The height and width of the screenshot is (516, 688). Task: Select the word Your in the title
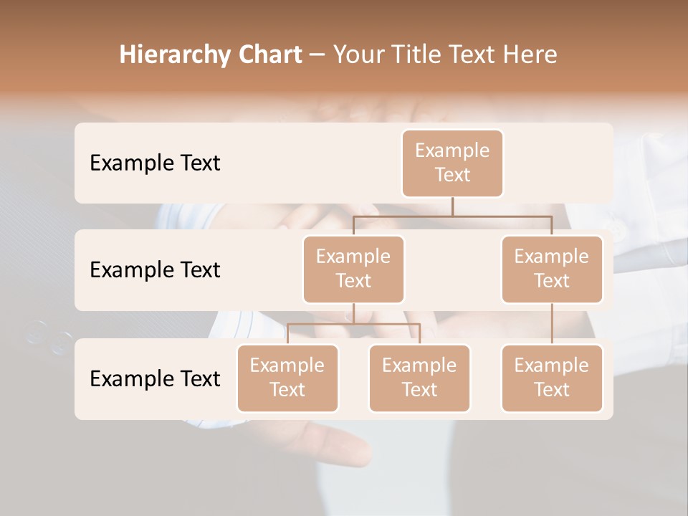pyautogui.click(x=358, y=54)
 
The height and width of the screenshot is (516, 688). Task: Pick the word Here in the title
pyautogui.click(x=530, y=54)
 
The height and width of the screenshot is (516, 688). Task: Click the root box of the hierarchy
pyautogui.click(x=452, y=163)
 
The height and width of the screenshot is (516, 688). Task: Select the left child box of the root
pyautogui.click(x=353, y=269)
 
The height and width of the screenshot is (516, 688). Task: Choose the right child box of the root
pyautogui.click(x=552, y=269)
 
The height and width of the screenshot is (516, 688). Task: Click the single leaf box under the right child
pyautogui.click(x=552, y=378)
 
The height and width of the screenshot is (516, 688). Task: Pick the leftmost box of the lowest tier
pyautogui.click(x=287, y=378)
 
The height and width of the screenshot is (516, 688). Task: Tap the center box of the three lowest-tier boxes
pyautogui.click(x=419, y=378)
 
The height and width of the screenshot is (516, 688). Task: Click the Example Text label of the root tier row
pyautogui.click(x=155, y=163)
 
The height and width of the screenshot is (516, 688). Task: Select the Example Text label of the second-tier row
pyautogui.click(x=155, y=269)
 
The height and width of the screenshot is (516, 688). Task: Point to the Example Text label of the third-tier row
pyautogui.click(x=155, y=378)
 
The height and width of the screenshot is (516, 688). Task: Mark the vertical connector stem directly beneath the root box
pyautogui.click(x=452, y=206)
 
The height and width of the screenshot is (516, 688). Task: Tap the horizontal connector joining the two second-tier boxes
pyautogui.click(x=452, y=216)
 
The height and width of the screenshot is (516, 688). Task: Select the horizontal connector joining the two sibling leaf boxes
pyautogui.click(x=353, y=324)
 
